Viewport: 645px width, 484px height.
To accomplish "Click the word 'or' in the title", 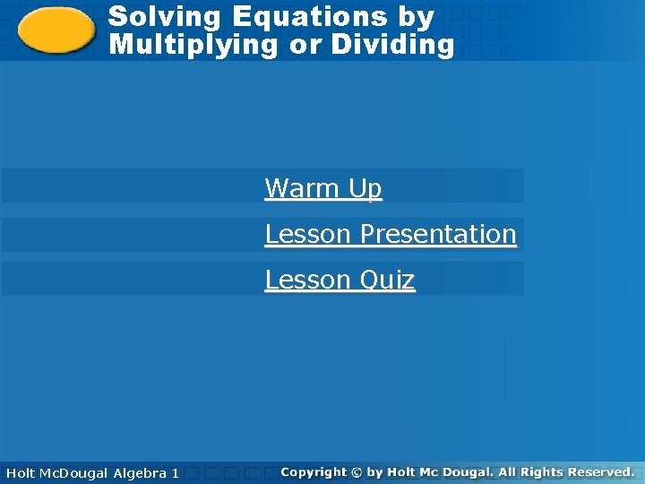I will [x=305, y=44].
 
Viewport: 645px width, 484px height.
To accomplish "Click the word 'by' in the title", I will [x=417, y=16].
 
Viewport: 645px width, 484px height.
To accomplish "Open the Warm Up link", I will [x=323, y=188].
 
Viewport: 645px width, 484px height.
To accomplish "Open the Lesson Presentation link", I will [x=391, y=234].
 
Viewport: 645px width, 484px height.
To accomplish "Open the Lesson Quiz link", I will [x=340, y=280].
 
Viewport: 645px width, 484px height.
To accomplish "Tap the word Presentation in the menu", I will [x=438, y=234].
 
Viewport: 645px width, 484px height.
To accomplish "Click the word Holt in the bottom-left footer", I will [x=21, y=472].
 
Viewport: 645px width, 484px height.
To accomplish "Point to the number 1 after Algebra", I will [x=175, y=472].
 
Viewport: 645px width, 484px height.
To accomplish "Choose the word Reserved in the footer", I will [x=600, y=471].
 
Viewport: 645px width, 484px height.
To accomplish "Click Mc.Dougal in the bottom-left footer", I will [x=74, y=472].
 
